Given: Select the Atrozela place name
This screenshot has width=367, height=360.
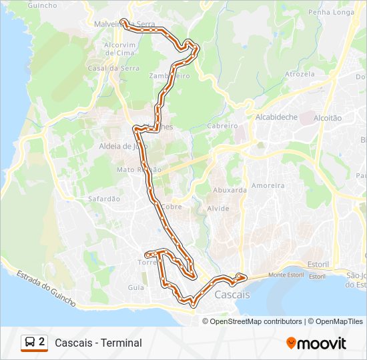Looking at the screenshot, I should (x=299, y=74).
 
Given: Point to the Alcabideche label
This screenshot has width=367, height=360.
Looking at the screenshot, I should (x=276, y=117).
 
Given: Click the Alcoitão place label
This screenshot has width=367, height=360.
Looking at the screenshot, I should (x=327, y=118).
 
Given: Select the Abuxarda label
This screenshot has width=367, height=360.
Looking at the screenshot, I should (x=230, y=190).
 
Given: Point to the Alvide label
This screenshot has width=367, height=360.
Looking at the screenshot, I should (x=218, y=209).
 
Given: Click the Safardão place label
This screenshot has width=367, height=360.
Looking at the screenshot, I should (x=104, y=199).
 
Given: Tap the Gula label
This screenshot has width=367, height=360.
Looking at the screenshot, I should (x=135, y=287).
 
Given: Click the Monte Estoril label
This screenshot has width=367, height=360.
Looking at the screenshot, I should (x=286, y=275).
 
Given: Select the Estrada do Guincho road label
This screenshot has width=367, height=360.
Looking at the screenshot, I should (x=45, y=289).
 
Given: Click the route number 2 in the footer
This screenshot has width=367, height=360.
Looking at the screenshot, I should (x=42, y=342).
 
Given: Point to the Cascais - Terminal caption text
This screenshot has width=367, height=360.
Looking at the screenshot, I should (x=98, y=343).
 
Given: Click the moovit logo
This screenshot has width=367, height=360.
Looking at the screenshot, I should (x=316, y=343).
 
